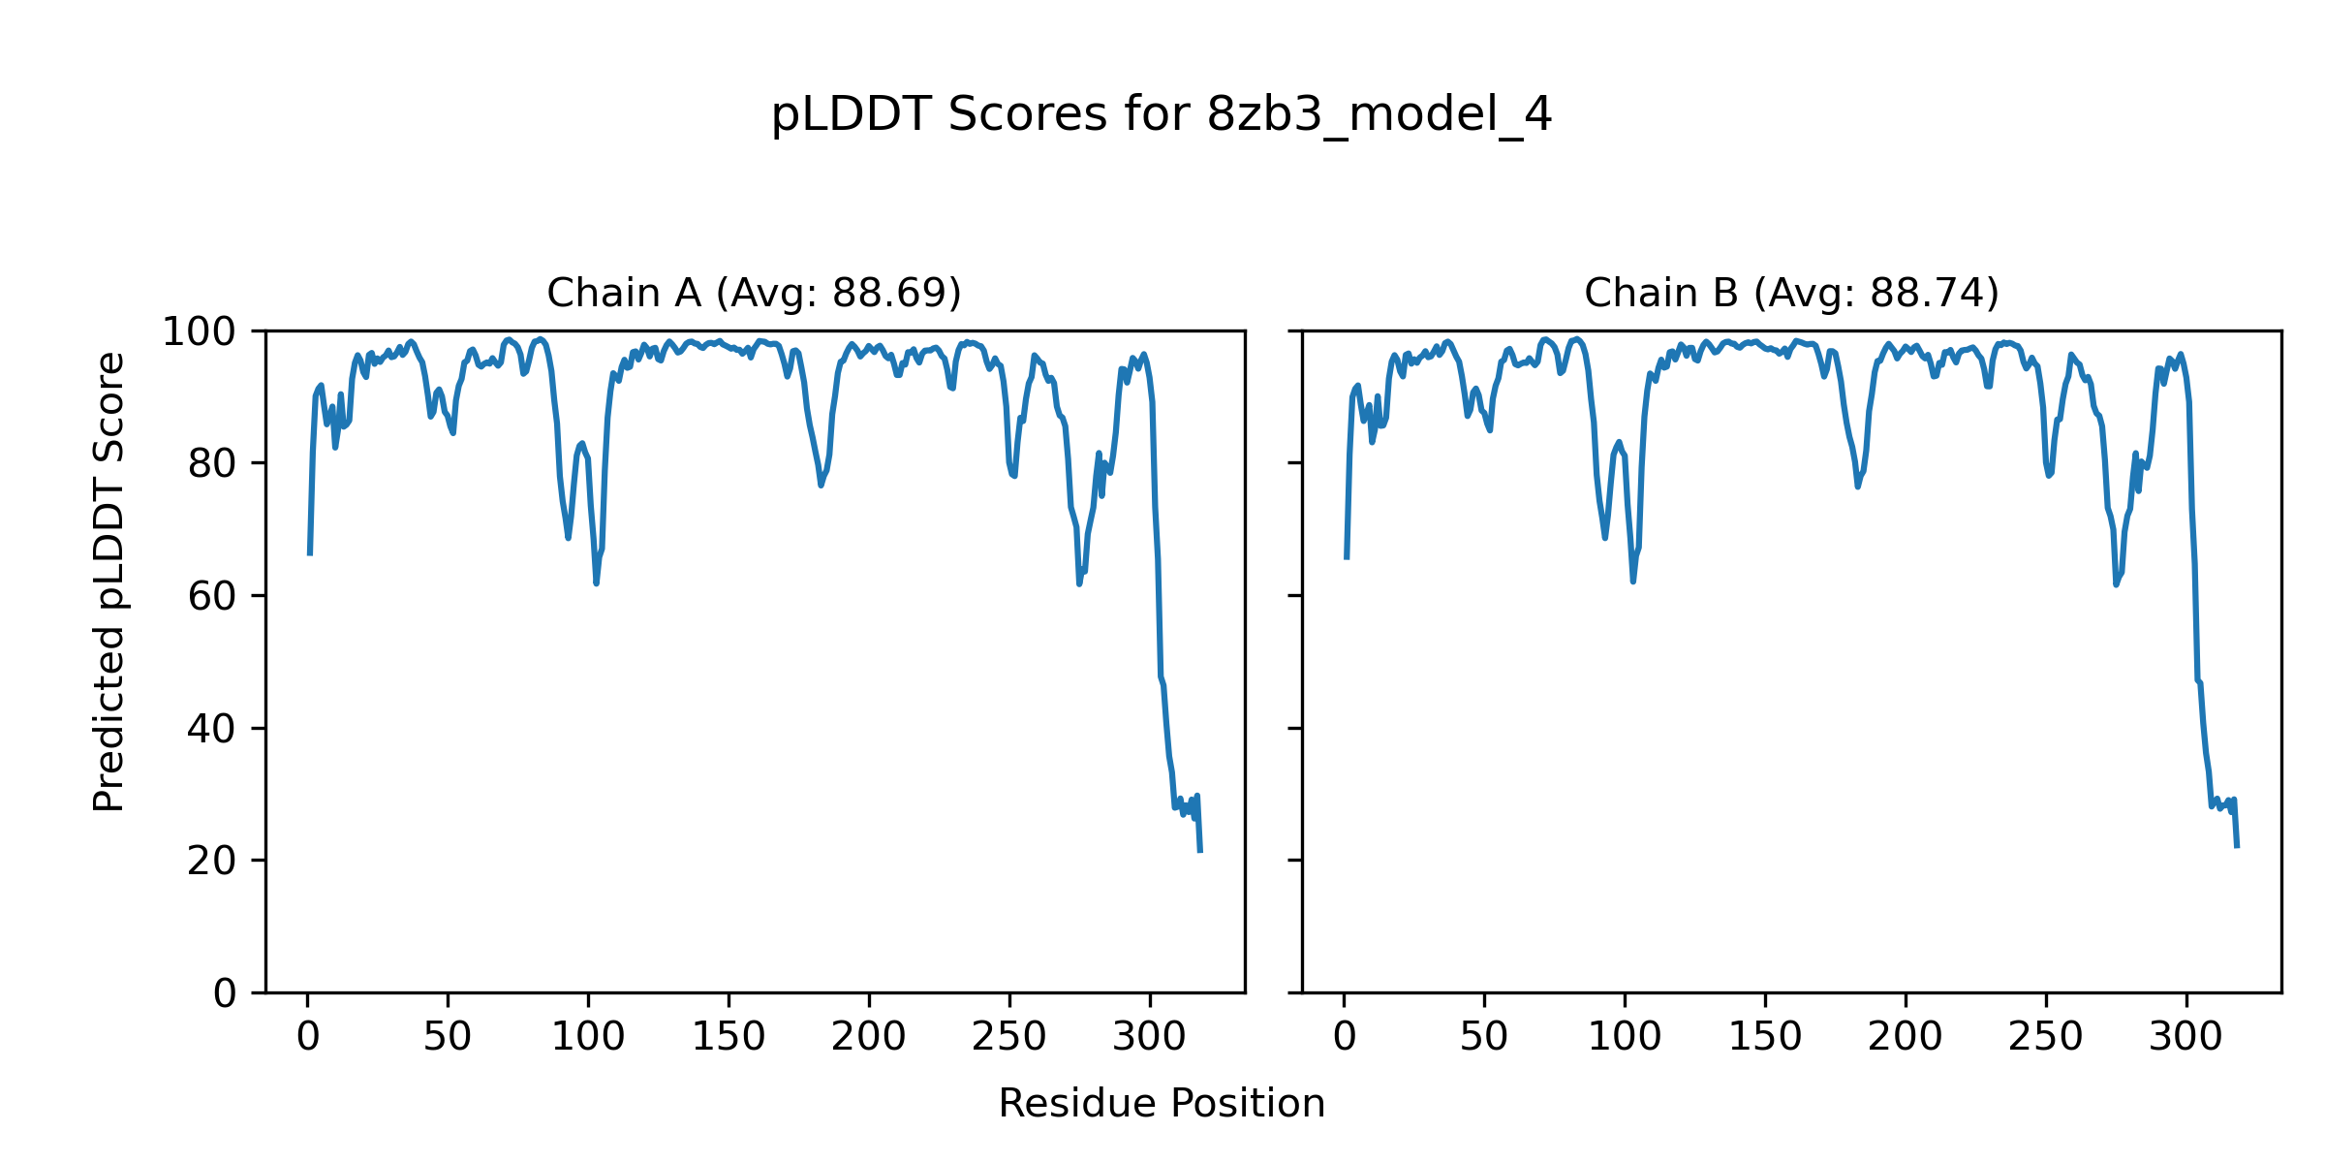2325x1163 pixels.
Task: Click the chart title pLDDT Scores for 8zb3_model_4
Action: tap(1162, 115)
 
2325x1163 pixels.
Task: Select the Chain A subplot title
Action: tap(754, 293)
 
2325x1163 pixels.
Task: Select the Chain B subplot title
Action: tap(1791, 293)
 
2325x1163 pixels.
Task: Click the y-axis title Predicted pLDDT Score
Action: tap(108, 581)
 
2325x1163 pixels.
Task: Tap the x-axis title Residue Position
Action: tap(1162, 1103)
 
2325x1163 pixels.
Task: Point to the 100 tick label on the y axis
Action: tap(199, 332)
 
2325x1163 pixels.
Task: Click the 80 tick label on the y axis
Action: tap(212, 464)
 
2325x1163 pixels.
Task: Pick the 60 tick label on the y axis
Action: tap(212, 596)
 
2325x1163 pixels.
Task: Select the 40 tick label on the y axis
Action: tap(212, 729)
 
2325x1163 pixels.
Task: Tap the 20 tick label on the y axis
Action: tap(212, 861)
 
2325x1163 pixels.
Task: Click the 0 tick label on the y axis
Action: tap(225, 993)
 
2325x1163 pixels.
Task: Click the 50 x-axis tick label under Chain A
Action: tap(448, 1037)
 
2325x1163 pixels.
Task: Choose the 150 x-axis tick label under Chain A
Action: tap(728, 1037)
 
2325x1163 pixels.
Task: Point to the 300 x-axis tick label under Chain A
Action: tap(1150, 1037)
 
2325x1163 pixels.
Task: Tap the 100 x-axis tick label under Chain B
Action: tap(1625, 1037)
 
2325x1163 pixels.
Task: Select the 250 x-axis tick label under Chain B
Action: tap(2046, 1037)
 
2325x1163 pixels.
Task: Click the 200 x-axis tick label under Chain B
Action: tap(1906, 1037)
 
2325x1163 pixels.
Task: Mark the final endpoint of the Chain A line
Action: tap(1200, 852)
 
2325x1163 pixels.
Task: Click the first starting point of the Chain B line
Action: tap(1347, 558)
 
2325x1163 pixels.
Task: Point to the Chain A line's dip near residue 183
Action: tap(821, 485)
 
